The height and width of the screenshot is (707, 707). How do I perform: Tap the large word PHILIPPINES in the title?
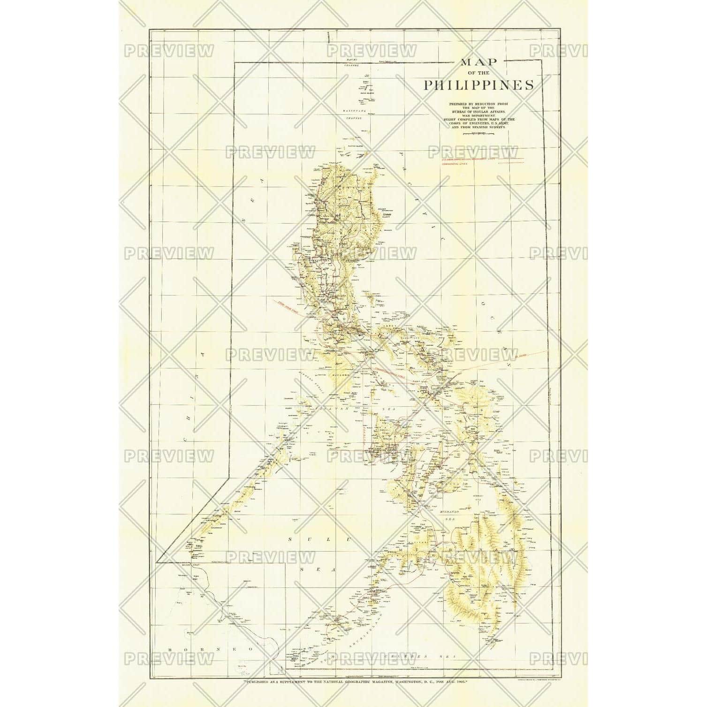[x=478, y=85]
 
